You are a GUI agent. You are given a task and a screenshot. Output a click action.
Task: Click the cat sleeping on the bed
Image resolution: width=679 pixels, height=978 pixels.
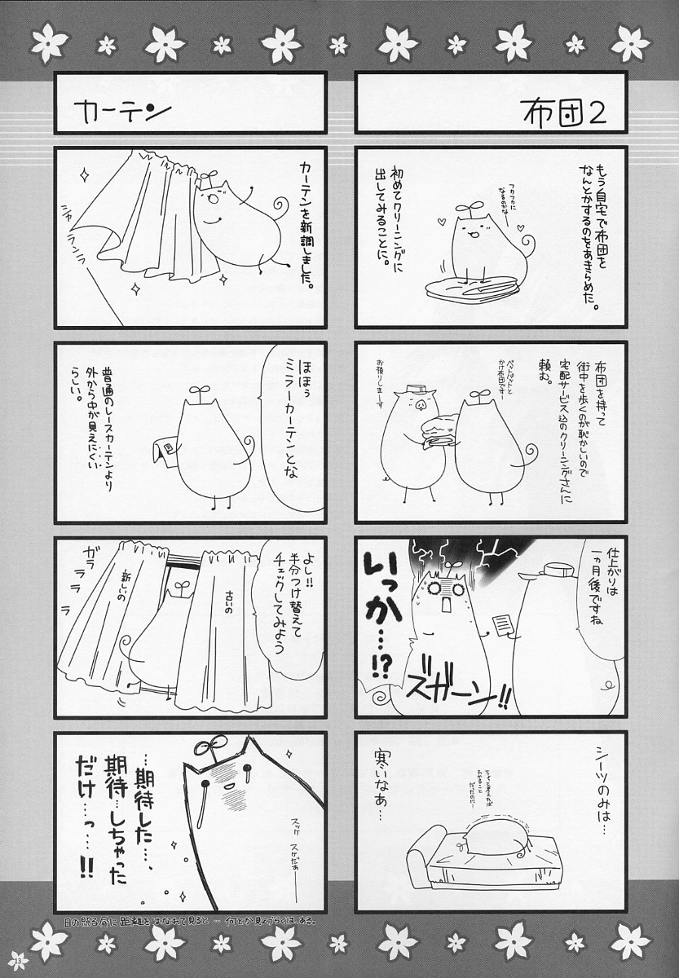[497, 835]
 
